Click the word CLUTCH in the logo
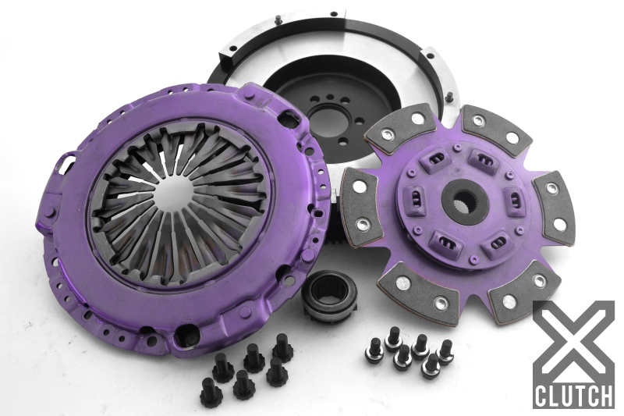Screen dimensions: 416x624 [573, 393]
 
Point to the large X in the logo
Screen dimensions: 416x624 [573, 340]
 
